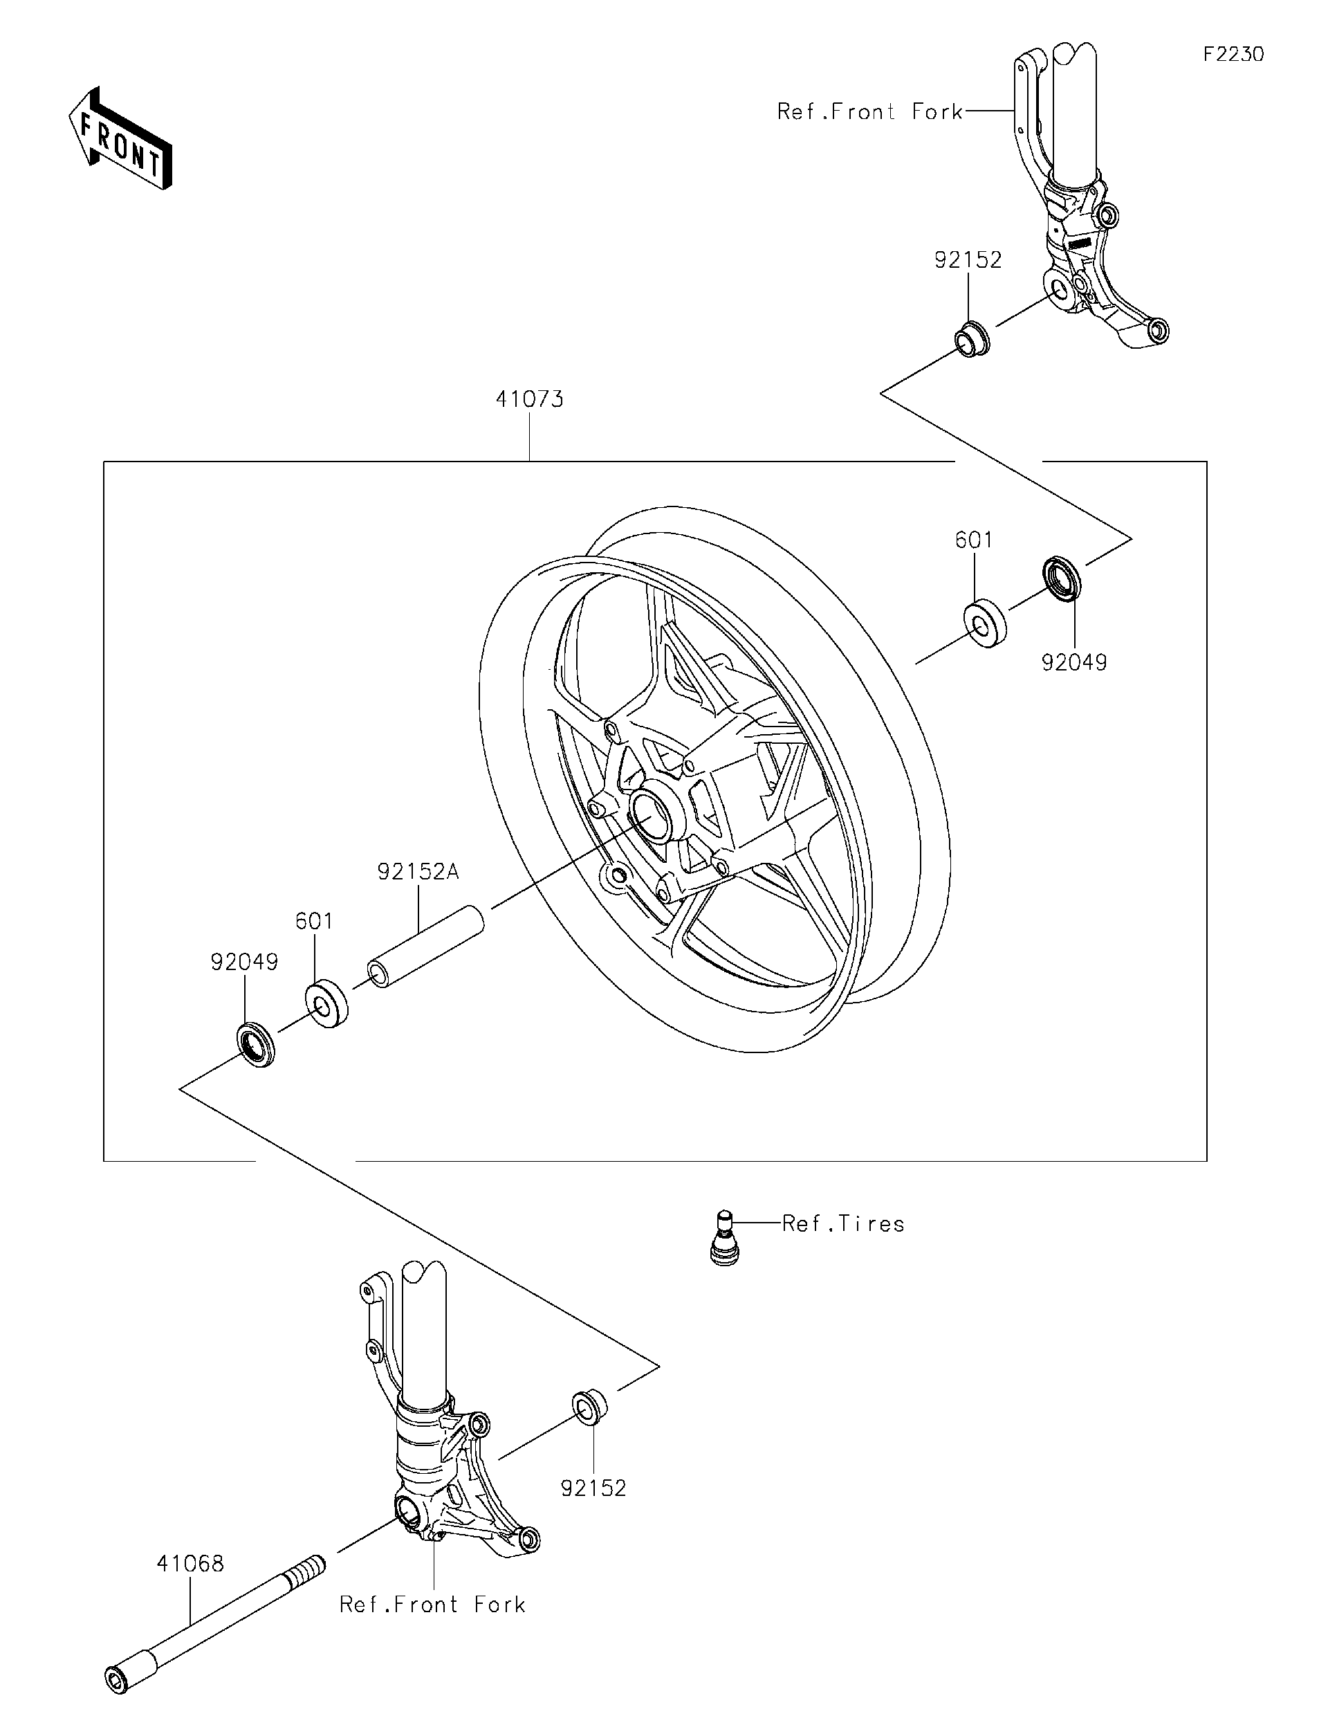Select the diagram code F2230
pos(1234,54)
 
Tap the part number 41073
pos(529,400)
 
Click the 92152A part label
pos(417,871)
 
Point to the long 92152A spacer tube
pos(427,946)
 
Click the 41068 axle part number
pos(190,1564)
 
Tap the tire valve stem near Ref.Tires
pos(723,1237)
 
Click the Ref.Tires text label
pos(843,1223)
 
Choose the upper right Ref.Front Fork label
pos(869,111)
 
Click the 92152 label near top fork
pos(968,260)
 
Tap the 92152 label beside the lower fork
pos(593,1488)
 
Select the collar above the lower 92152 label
pos(590,1407)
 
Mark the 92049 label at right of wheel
pos(1073,662)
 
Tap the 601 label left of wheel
pos(314,921)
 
